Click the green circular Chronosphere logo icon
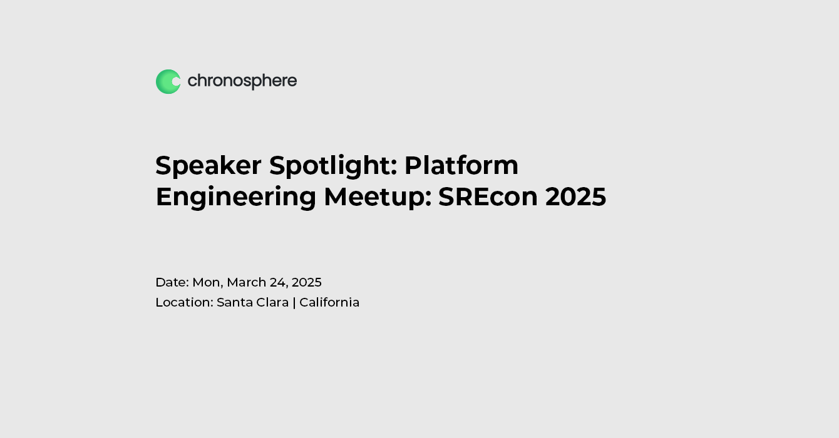[168, 81]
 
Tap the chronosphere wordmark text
[242, 81]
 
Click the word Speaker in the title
[208, 165]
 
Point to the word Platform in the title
[461, 165]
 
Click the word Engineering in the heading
[235, 197]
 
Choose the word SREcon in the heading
[488, 196]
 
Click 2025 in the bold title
[575, 196]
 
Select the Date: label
[172, 282]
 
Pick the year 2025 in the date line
[307, 282]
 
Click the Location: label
[184, 302]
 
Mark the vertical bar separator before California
[294, 302]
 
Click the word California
[329, 302]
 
